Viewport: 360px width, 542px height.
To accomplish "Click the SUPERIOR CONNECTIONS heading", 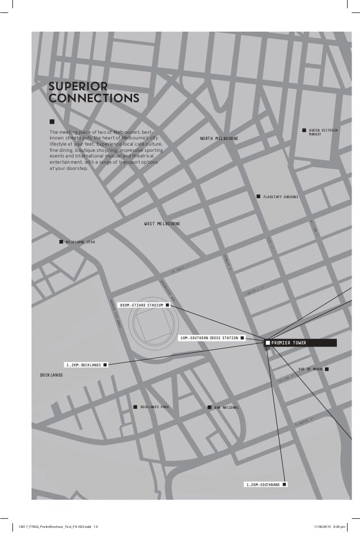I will tap(94, 93).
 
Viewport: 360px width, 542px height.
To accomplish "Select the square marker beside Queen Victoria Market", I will tap(304, 130).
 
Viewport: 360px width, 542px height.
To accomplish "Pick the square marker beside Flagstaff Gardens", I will tap(258, 196).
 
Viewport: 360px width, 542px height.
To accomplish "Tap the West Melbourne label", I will tap(163, 224).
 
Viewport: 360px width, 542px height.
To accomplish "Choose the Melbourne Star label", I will tap(80, 242).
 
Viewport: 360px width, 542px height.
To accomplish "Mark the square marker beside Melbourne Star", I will tap(61, 242).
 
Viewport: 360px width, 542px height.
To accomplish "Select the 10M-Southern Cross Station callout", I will tap(208, 338).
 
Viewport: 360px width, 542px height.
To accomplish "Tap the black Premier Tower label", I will tap(301, 343).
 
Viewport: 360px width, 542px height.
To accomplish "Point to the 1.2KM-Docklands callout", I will tap(83, 365).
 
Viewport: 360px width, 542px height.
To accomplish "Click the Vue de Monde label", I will tap(310, 369).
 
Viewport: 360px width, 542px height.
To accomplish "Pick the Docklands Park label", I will tap(156, 406).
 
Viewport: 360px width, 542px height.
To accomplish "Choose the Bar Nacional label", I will tap(227, 406).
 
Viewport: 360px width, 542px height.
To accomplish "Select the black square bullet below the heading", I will tap(52, 121).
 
